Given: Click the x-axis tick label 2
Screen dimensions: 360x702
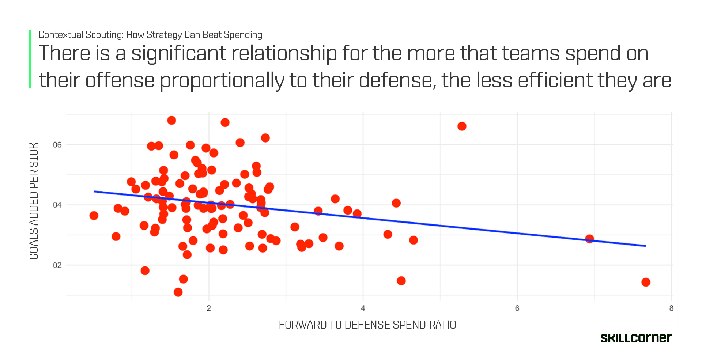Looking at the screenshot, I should point(209,308).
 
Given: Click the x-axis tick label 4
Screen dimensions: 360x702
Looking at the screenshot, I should point(363,308).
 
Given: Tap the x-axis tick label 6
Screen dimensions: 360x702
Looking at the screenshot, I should point(517,308).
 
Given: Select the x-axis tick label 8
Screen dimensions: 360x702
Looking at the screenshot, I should point(671,308).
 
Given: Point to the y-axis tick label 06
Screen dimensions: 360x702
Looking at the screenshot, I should point(57,145).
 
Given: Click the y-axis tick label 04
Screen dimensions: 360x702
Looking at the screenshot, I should point(57,205).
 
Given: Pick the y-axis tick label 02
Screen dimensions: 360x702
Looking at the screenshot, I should point(57,265).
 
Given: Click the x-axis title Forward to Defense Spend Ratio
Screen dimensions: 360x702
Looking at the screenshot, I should point(367,325).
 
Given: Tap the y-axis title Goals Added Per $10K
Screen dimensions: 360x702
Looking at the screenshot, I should point(34,201).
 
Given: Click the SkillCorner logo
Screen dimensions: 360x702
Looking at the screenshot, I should point(636,338).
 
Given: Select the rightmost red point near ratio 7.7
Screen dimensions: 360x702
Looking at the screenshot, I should point(646,282).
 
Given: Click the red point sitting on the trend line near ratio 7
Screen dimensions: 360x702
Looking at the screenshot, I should point(589,239).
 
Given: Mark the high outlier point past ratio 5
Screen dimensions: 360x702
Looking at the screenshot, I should point(462,126).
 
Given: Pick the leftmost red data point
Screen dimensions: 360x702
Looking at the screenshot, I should point(94,216).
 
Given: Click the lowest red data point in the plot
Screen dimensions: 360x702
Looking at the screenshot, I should point(178,292).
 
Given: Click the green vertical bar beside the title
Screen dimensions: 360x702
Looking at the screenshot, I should point(30,59).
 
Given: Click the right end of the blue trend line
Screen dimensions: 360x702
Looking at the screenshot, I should point(645,246).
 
